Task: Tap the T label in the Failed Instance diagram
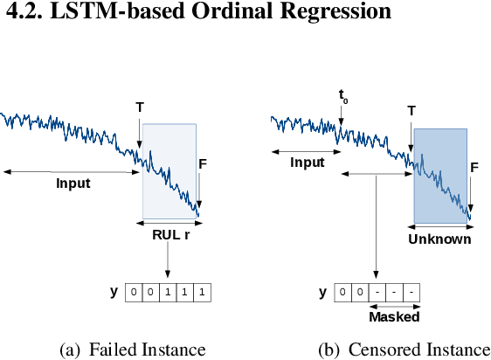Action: pos(139,107)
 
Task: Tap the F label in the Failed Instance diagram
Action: pos(202,163)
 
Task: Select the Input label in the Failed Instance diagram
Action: pos(73,183)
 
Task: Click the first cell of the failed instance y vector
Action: pos(134,293)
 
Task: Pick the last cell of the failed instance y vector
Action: pos(202,293)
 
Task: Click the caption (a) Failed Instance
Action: pos(132,350)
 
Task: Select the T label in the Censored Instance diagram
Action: pos(411,111)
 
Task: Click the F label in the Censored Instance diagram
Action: pos(474,167)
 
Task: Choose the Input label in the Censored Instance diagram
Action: pos(307,162)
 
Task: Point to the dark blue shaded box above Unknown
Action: pos(441,175)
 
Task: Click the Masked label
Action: pos(394,316)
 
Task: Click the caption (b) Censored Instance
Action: pos(403,350)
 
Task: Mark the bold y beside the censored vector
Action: pos(323,292)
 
